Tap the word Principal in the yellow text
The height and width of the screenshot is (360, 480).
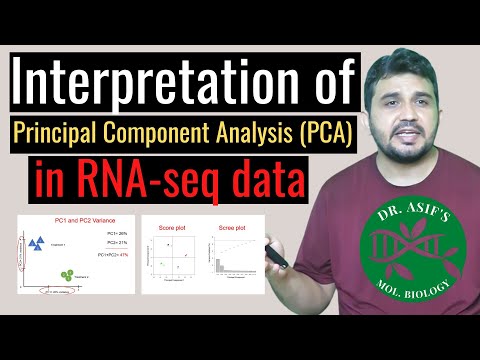point(69,132)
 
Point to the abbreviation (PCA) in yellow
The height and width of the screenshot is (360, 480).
point(326,132)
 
